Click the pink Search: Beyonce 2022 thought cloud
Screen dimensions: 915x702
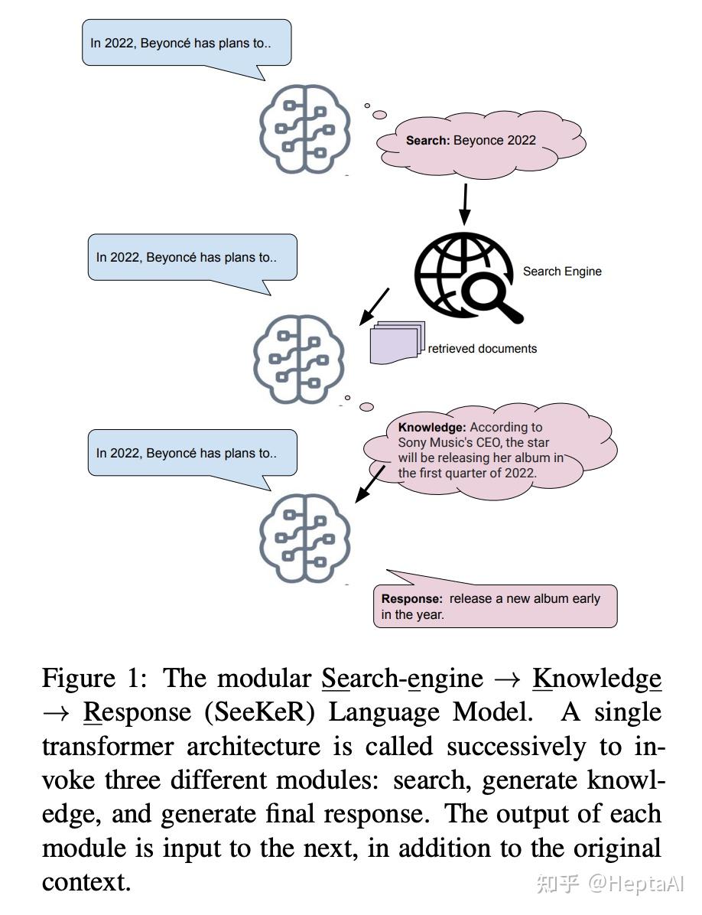[480, 142]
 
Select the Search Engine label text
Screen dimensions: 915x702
[562, 272]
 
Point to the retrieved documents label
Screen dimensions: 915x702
[482, 349]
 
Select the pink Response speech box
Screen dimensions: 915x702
[494, 606]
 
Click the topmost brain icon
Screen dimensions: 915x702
[305, 128]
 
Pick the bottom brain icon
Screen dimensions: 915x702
[305, 537]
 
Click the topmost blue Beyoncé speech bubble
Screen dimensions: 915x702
[187, 43]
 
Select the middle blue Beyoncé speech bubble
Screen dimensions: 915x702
[192, 258]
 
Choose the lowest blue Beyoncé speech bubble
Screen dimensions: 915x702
[192, 453]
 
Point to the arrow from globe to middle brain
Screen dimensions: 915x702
[375, 306]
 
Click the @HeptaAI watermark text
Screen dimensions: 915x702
[635, 884]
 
